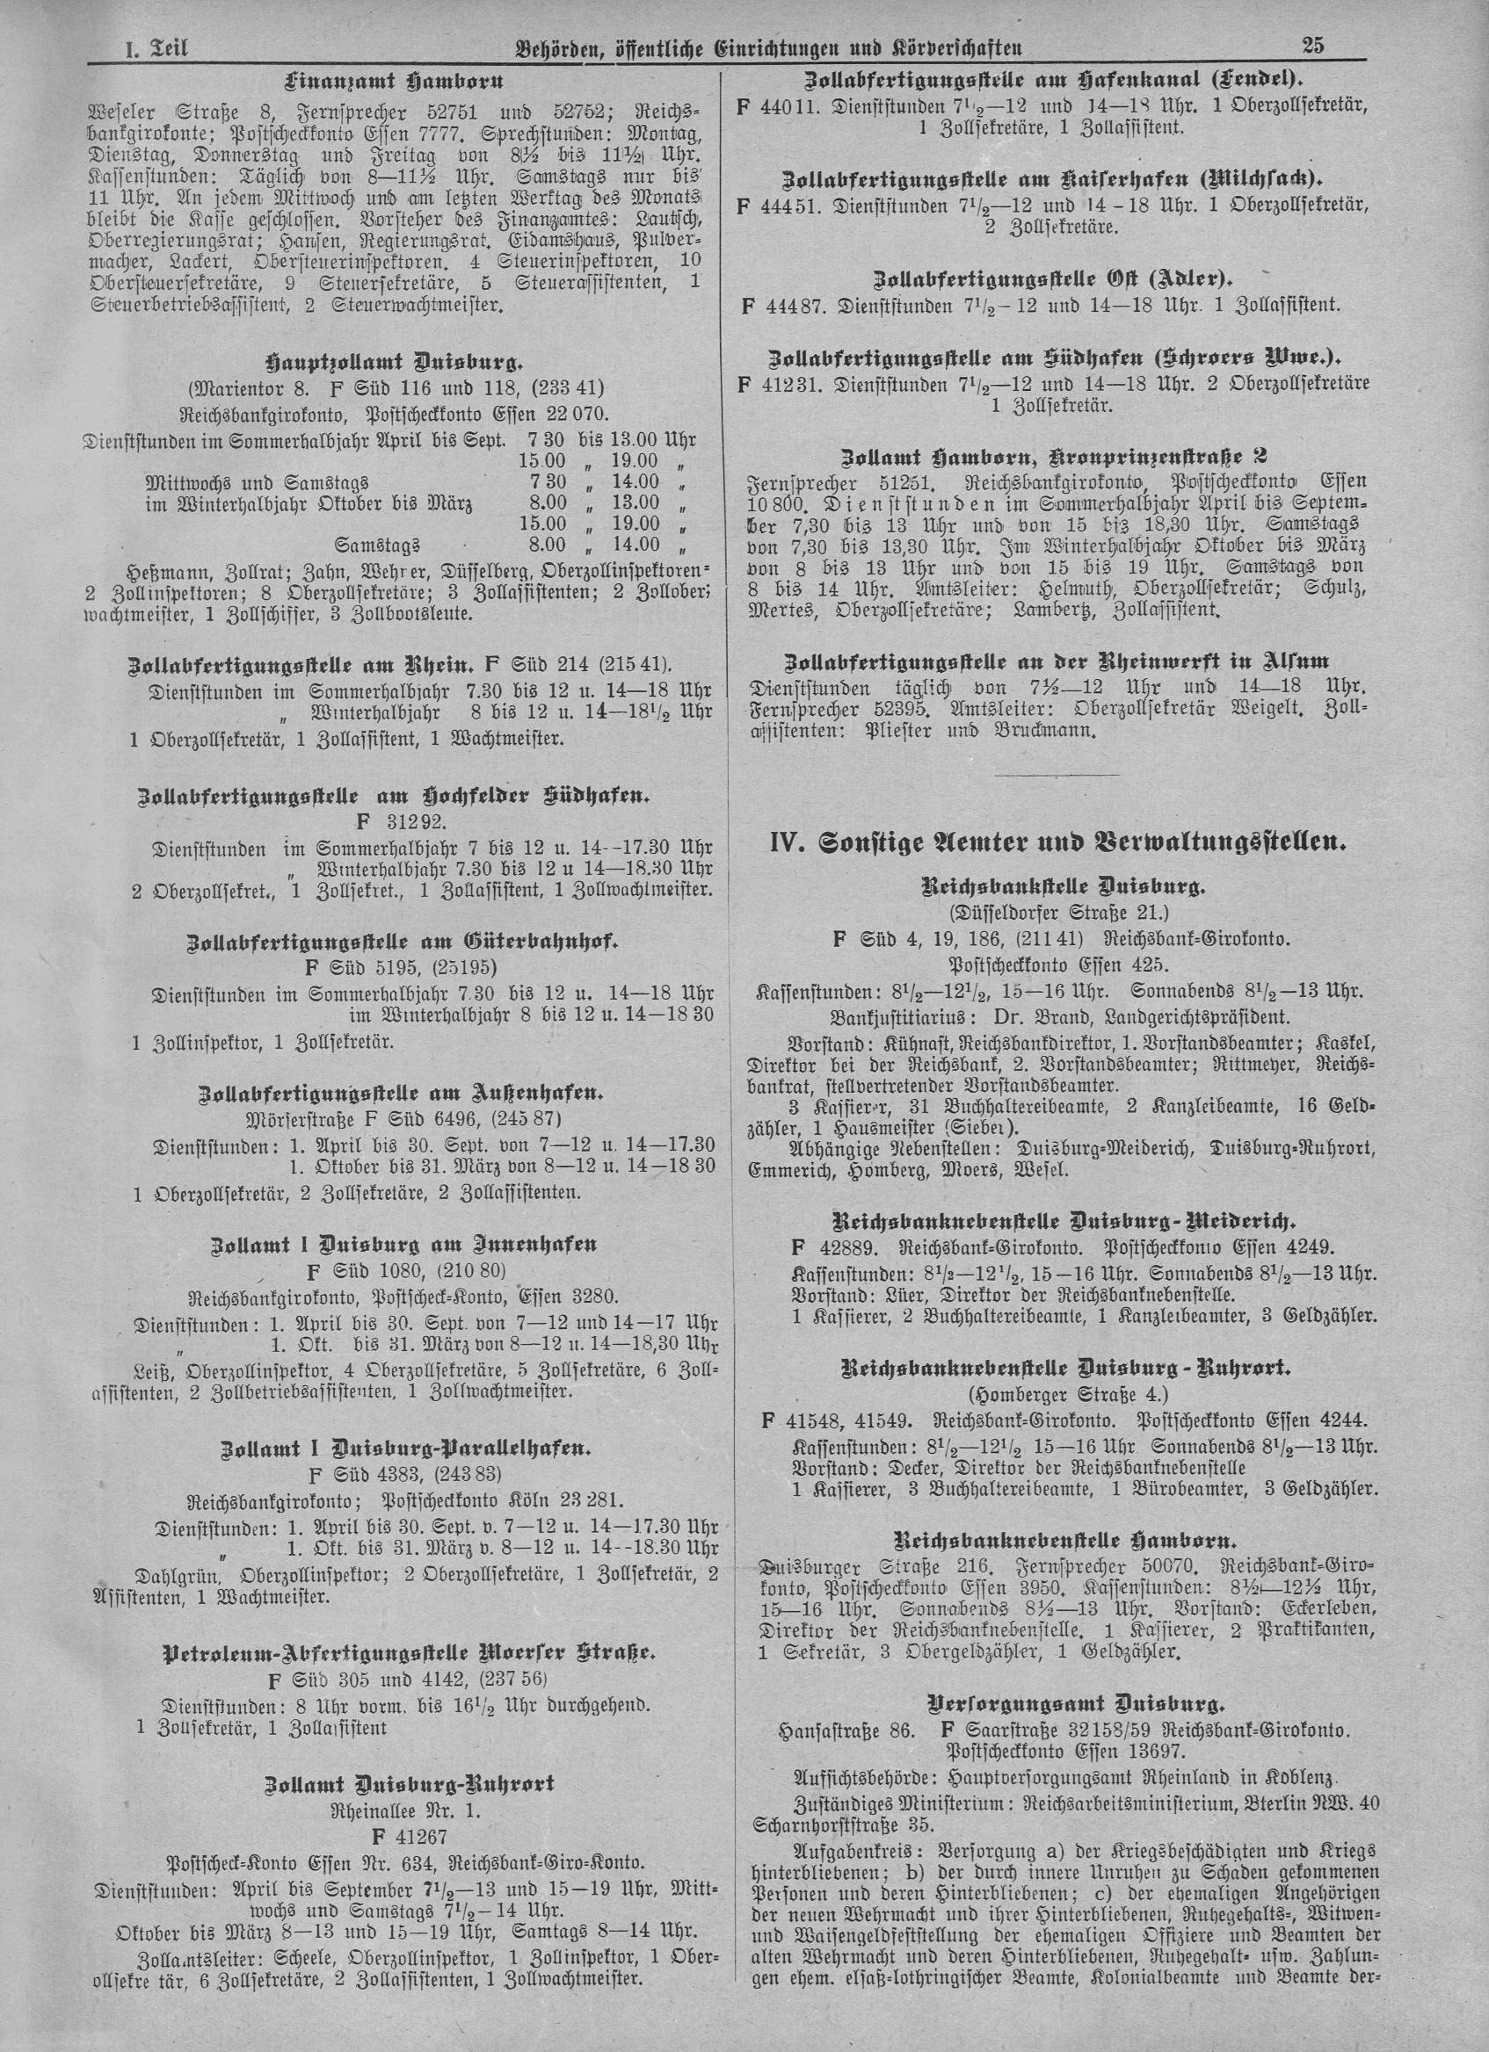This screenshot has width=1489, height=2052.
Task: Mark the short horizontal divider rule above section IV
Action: point(1057,775)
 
